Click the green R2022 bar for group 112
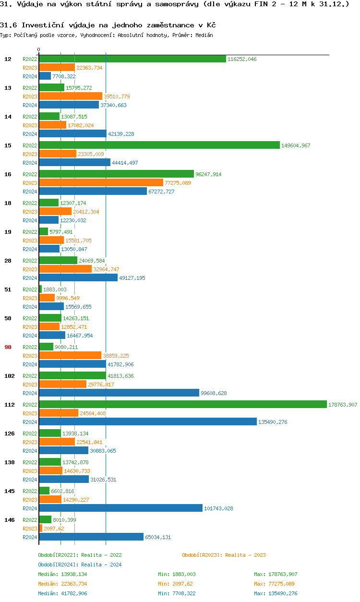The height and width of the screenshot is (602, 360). pos(182,404)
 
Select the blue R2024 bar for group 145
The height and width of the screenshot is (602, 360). pos(120,508)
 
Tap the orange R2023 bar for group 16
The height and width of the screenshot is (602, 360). pos(101,182)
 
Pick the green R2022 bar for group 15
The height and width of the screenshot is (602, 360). pos(159,145)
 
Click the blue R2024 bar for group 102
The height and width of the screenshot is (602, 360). pos(119,393)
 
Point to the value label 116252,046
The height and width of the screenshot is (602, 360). pos(242,59)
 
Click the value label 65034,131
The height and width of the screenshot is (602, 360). pos(158,537)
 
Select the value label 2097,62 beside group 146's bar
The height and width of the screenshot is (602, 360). pos(54,529)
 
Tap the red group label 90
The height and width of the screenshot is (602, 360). pos(8,347)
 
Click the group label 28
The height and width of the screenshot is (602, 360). pos(8,261)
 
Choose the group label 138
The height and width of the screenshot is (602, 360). pos(9,462)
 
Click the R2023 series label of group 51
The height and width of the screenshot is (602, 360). pos(30,298)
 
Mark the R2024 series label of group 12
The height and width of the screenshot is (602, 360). pos(30,76)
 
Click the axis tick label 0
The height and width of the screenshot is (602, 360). pos(39,49)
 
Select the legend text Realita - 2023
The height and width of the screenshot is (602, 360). pos(245,555)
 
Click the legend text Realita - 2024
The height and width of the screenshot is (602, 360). pos(101,565)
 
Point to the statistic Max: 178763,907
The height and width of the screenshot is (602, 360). pos(276,574)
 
